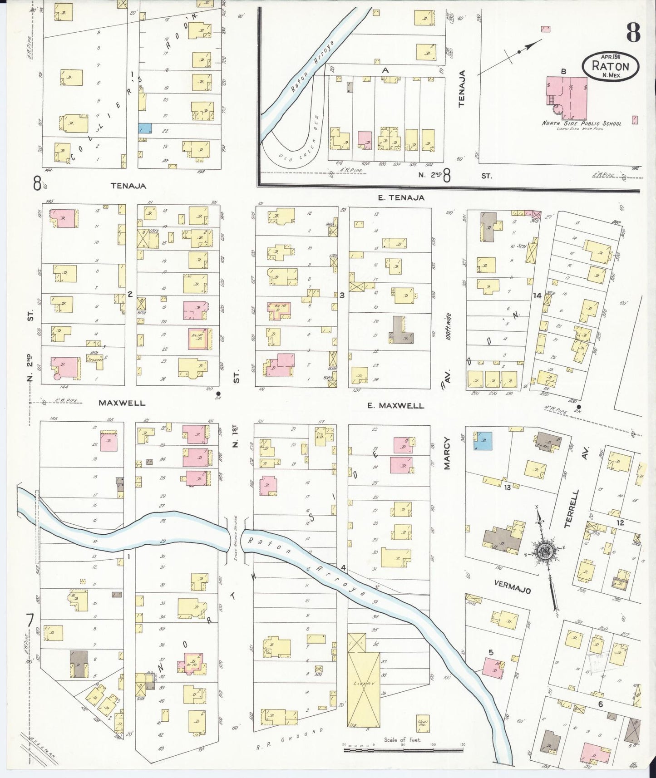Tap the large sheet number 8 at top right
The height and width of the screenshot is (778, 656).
click(633, 32)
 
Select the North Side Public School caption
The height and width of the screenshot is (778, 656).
click(581, 123)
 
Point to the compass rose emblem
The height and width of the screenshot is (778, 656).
click(543, 551)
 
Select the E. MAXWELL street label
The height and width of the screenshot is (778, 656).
click(395, 405)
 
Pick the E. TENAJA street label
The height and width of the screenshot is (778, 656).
click(401, 197)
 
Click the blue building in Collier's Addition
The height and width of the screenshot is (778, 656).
click(145, 128)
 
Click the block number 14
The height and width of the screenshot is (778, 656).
click(537, 295)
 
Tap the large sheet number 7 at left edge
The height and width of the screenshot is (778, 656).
click(30, 620)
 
